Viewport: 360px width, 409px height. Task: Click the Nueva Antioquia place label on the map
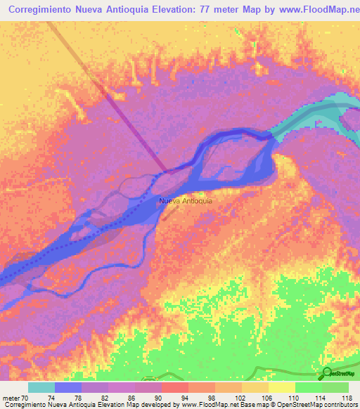[186, 202]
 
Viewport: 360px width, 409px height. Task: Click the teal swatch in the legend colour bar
[41, 387]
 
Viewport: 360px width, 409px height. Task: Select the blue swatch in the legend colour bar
[68, 387]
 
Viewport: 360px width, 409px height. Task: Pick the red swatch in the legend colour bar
[174, 387]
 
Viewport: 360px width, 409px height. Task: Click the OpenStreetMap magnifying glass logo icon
[327, 372]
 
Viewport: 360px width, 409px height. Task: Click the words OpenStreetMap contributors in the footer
[313, 405]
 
